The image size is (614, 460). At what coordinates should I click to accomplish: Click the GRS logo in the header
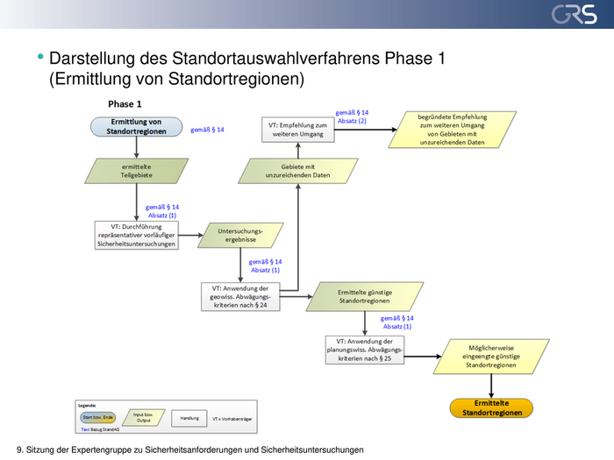[574, 15]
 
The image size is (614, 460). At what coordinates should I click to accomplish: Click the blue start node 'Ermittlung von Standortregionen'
[135, 126]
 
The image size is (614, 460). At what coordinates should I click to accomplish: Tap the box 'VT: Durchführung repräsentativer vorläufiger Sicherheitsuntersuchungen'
[137, 235]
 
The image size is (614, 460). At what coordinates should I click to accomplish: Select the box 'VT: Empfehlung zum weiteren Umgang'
[297, 129]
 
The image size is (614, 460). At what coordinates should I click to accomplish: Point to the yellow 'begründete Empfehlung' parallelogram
[452, 128]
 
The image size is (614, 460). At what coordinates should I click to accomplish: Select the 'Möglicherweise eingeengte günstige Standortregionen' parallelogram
[492, 356]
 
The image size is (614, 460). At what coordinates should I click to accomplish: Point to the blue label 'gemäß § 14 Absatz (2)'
[352, 117]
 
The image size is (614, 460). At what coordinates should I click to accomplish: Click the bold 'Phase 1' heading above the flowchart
[125, 103]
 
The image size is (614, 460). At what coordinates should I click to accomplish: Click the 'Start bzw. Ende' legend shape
[97, 417]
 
